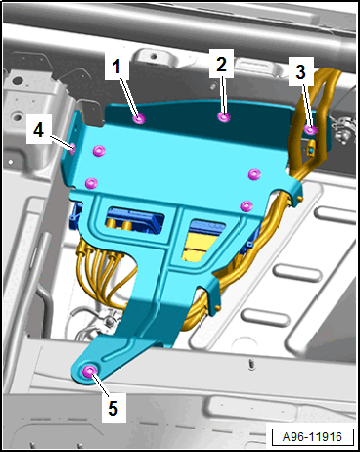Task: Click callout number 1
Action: click(116, 67)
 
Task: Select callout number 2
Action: click(221, 64)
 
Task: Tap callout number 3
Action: click(301, 71)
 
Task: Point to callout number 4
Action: click(39, 130)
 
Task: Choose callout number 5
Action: click(112, 408)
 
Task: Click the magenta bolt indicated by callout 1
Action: click(140, 119)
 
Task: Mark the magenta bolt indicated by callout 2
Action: click(224, 117)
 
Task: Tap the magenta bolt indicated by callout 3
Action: click(311, 130)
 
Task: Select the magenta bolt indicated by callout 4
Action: click(72, 149)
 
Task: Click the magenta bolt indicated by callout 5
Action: click(89, 371)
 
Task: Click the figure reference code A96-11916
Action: click(312, 437)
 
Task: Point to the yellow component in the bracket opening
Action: click(200, 244)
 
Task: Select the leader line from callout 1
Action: click(130, 97)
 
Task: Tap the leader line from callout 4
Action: click(61, 143)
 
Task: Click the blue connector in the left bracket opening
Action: click(135, 218)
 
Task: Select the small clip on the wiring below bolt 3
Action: click(311, 148)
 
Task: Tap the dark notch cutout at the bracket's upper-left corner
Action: click(93, 113)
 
